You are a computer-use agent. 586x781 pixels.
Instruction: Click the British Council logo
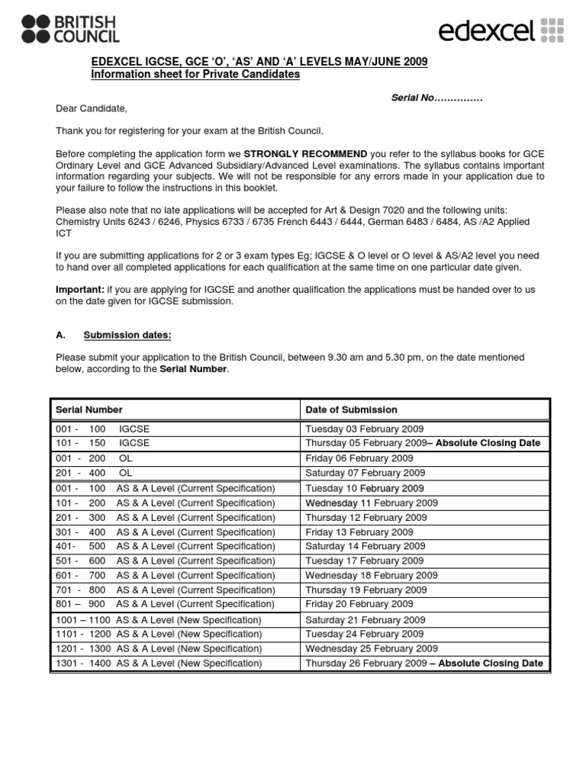[70, 28]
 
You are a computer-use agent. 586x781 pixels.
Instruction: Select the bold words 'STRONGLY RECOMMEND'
[305, 153]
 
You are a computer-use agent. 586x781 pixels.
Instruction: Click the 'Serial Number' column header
[89, 410]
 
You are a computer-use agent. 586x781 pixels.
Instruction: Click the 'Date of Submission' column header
[351, 410]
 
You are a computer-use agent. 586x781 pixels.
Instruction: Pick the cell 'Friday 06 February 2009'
[359, 458]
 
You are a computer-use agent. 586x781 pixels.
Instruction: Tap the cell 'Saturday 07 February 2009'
[365, 473]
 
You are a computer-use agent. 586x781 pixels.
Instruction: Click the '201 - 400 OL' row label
[99, 473]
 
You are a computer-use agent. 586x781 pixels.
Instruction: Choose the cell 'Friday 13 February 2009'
[359, 532]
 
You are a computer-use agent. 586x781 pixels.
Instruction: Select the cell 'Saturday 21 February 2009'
[365, 620]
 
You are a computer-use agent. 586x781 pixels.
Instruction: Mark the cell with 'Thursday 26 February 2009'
[365, 664]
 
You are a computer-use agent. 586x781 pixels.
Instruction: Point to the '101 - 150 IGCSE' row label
[103, 443]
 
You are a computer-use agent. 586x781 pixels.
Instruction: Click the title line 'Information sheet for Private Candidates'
[195, 75]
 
